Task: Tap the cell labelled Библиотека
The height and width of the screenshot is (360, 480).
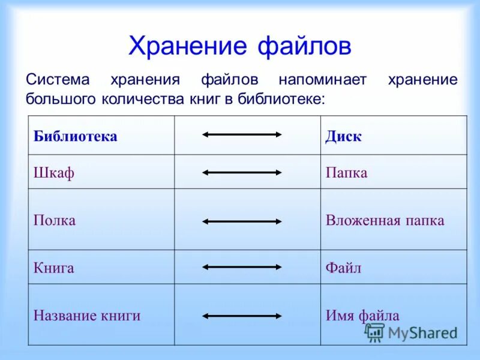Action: [75, 136]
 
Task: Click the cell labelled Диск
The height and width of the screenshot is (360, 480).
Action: [344, 136]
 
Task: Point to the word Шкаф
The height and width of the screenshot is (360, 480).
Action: [54, 173]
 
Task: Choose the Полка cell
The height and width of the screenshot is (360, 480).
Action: [55, 220]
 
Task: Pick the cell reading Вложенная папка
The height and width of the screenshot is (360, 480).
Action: [385, 220]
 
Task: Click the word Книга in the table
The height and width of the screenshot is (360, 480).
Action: [54, 268]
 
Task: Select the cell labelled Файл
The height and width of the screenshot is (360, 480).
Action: [344, 268]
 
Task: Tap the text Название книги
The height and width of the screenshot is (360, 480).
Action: [87, 315]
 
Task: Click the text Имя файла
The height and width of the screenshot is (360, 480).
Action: [362, 315]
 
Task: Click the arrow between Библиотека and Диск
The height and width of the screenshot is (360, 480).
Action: [242, 134]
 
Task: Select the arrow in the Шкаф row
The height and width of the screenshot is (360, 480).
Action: [242, 172]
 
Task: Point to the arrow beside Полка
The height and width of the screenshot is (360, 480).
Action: [242, 221]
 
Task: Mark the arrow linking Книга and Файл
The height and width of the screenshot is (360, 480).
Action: [242, 267]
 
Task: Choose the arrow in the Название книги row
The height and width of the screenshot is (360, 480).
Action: [242, 315]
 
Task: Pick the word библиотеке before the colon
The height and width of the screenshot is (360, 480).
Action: [280, 98]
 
